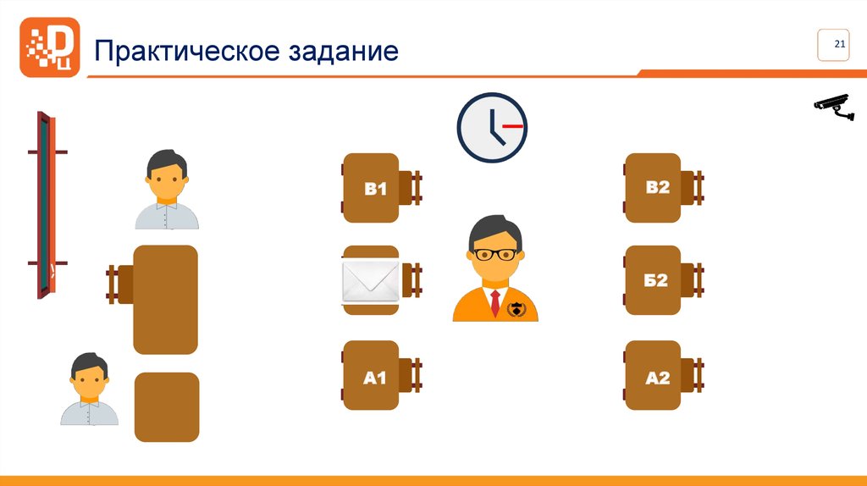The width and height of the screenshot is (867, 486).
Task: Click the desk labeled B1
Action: coord(370,188)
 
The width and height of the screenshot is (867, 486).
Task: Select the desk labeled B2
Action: coord(653,188)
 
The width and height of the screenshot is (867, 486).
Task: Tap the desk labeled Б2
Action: coord(653,280)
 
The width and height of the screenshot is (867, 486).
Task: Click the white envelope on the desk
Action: coord(370,281)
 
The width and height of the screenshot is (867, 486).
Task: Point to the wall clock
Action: coord(492,128)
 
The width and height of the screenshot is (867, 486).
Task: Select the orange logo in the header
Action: coord(50,47)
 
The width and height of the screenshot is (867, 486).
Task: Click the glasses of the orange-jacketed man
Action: coord(495,254)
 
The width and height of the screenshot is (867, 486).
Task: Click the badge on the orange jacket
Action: coord(516,310)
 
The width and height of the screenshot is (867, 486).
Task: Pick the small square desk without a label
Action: coord(167,407)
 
